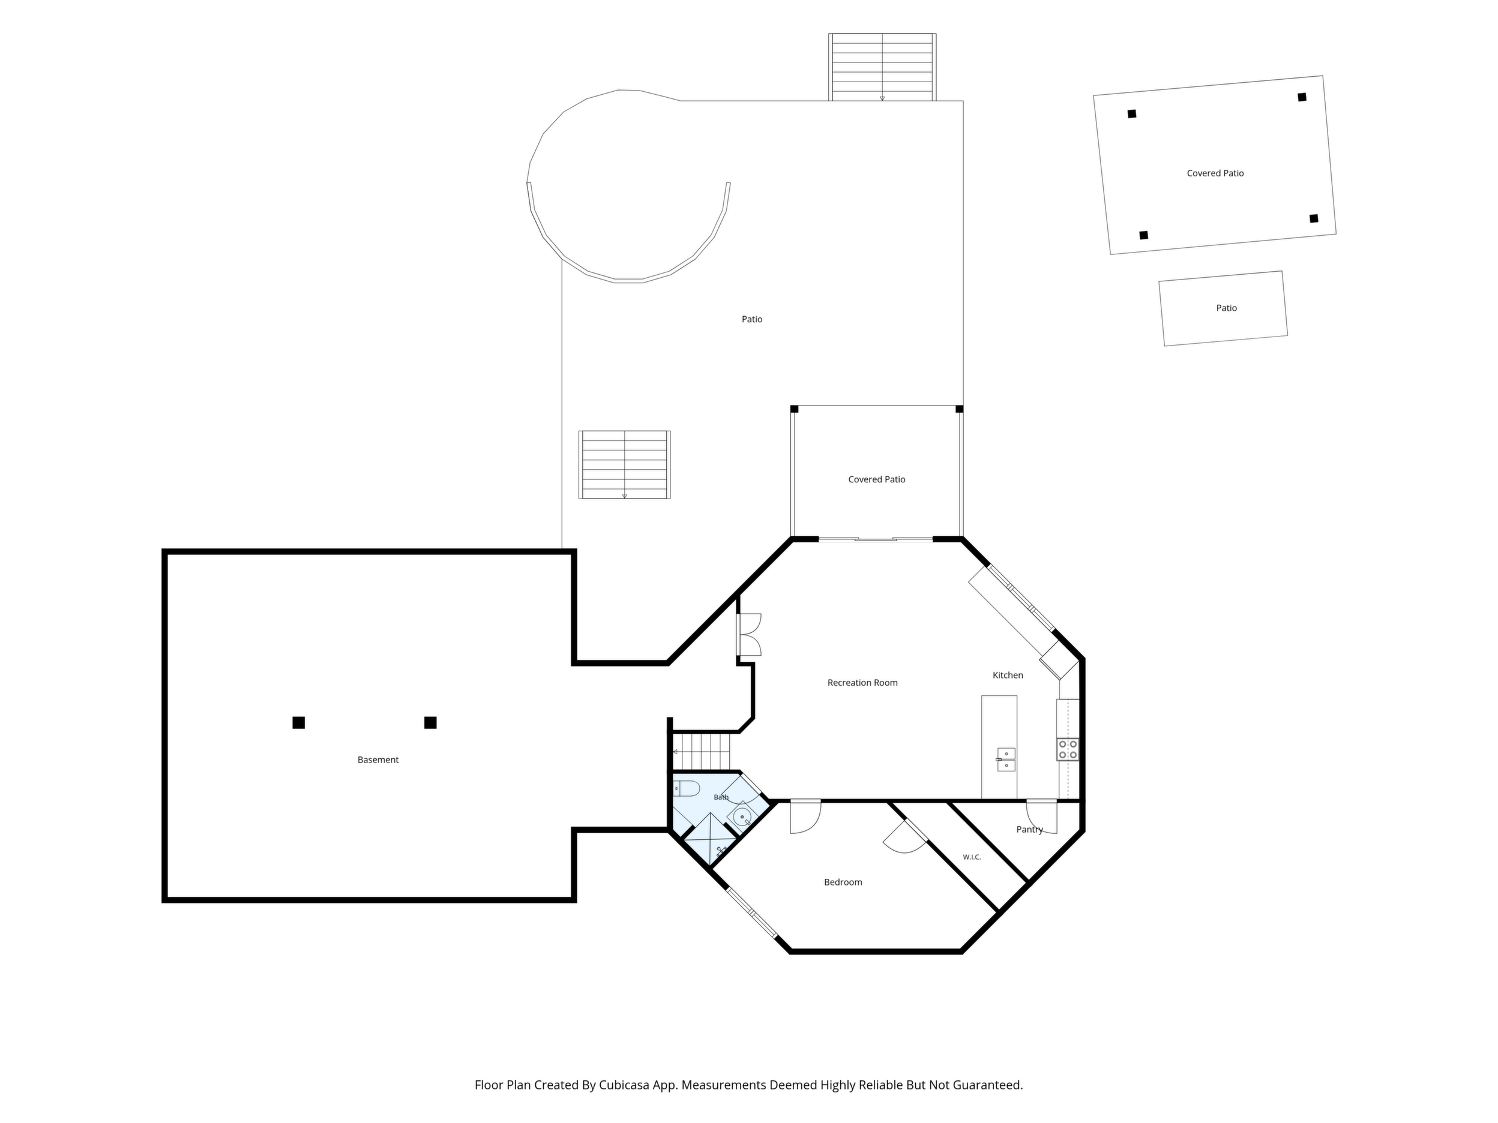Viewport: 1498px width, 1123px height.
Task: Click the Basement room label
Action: [x=378, y=759]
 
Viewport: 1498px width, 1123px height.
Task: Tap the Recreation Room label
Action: [x=862, y=682]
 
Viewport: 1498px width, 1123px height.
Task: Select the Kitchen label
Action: [x=1008, y=675]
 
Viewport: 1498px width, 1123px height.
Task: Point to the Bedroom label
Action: [x=843, y=882]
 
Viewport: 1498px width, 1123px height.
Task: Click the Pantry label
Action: [x=1029, y=829]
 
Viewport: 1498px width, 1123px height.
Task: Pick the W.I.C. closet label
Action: [x=972, y=857]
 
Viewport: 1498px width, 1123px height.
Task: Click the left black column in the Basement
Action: [x=299, y=722]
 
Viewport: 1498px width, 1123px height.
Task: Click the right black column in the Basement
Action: [x=430, y=722]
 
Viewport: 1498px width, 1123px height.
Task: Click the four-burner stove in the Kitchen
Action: [x=1068, y=749]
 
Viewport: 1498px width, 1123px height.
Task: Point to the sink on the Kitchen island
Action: [x=1006, y=759]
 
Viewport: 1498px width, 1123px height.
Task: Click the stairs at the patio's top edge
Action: [x=882, y=67]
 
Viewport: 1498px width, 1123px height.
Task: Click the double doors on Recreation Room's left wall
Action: [x=749, y=635]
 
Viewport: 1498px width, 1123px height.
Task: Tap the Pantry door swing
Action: [x=1041, y=816]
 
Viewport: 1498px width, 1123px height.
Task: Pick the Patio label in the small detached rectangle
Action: [x=1227, y=308]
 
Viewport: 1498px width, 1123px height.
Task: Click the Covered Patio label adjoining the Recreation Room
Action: [x=876, y=479]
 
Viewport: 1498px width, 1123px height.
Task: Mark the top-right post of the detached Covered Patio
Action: [x=1302, y=97]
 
